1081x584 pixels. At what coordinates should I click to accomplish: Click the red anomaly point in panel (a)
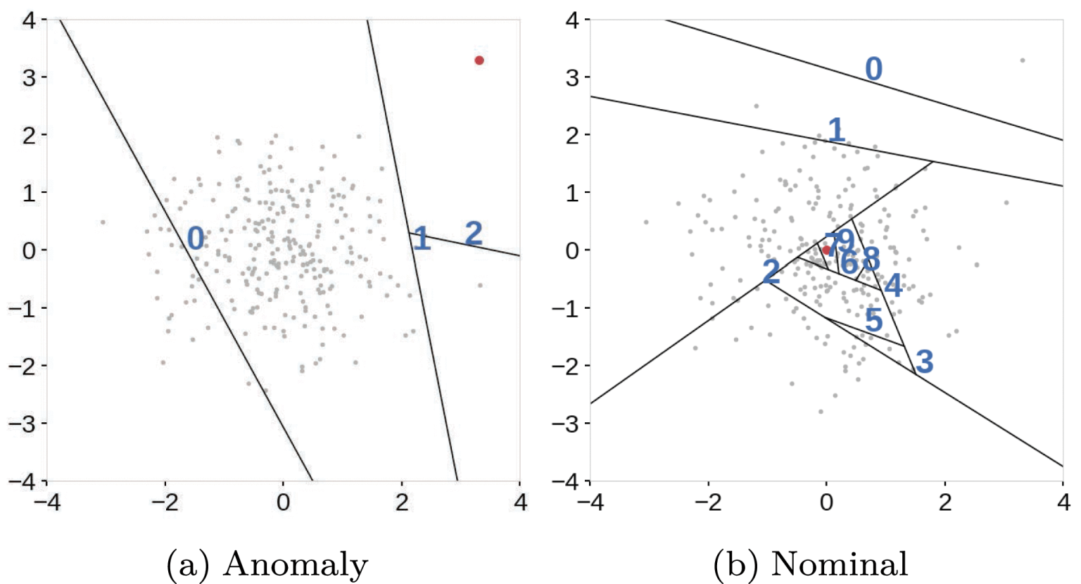[479, 61]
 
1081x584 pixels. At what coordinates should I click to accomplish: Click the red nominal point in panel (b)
[826, 250]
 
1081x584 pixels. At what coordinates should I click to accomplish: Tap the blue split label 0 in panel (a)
[196, 239]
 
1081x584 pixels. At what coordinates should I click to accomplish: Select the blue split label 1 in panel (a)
[422, 239]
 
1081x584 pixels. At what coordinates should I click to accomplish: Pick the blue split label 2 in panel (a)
[474, 233]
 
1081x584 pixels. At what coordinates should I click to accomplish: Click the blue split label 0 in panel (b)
[873, 69]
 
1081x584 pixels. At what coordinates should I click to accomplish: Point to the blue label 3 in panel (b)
[924, 362]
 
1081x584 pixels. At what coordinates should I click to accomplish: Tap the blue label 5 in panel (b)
[873, 320]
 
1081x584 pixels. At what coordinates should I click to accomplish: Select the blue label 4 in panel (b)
[893, 286]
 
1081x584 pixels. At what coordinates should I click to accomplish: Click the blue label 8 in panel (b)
[871, 259]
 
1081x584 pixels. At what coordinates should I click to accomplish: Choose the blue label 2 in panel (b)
[771, 272]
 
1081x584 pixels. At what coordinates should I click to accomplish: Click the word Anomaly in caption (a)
[296, 564]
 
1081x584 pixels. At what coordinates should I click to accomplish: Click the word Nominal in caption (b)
[839, 564]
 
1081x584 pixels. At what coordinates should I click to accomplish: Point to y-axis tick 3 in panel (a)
[29, 77]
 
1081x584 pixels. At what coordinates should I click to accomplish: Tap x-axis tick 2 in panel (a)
[401, 502]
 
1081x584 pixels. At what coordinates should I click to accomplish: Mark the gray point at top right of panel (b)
[1022, 61]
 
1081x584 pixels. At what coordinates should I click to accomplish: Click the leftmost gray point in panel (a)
[103, 222]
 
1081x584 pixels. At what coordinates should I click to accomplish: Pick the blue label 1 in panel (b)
[835, 130]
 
